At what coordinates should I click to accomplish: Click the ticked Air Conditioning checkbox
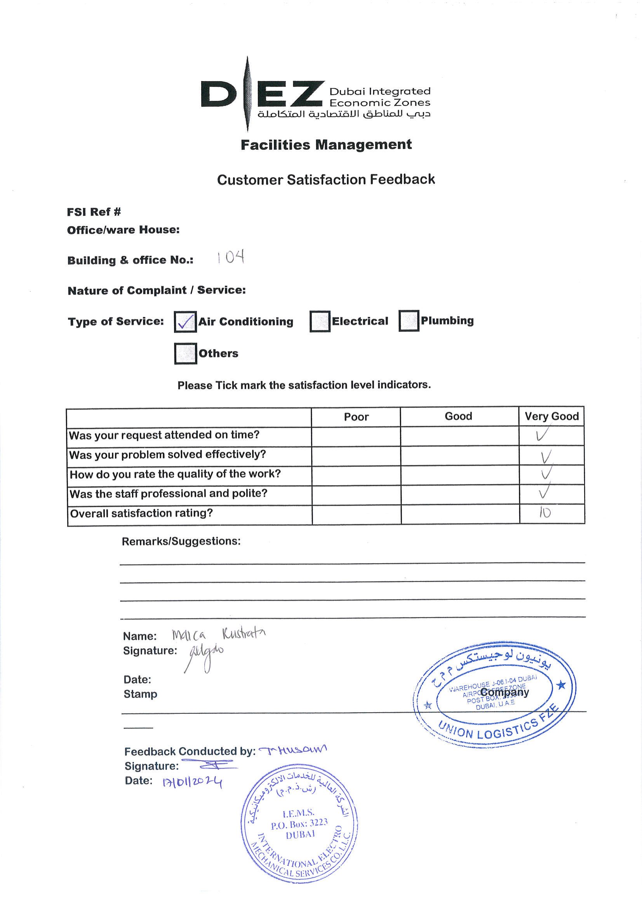[185, 322]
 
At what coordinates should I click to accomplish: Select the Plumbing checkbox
[409, 320]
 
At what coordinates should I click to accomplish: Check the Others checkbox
[185, 353]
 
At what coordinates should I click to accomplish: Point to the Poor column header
[356, 417]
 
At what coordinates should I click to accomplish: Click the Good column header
[458, 416]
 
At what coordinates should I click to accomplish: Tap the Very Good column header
[552, 416]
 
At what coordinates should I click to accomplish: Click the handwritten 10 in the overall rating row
[545, 513]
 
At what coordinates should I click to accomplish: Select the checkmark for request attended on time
[541, 435]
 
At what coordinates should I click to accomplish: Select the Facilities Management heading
[326, 145]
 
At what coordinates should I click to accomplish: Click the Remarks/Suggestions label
[181, 541]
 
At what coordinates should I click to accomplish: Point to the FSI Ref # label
[94, 212]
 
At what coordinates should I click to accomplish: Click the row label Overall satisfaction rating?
[141, 513]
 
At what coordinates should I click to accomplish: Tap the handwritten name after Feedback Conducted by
[292, 749]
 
